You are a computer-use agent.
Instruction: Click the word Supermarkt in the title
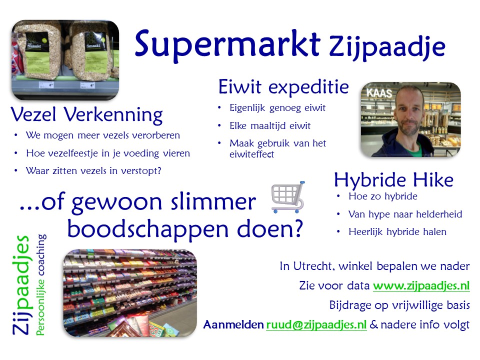pos(227,45)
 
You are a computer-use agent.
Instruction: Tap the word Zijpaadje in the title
pos(387,48)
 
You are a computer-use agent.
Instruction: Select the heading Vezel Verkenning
pos(86,115)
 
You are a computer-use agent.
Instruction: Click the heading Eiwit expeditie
pos(283,87)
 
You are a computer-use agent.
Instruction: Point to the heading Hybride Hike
pos(393,179)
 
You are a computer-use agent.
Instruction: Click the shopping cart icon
pos(288,197)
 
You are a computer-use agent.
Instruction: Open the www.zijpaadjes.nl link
pos(421,285)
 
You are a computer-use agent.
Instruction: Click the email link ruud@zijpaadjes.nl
pos(316,324)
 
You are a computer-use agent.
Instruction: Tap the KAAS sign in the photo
pos(379,93)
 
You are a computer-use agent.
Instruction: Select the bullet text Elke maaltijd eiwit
pos(270,126)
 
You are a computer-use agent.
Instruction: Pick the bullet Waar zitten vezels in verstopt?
pos(93,171)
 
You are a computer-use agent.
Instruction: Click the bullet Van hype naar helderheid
pos(405,214)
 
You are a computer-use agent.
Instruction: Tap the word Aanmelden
pos(233,324)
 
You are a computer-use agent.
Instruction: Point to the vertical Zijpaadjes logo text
pos(21,285)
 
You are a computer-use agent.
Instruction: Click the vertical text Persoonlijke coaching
pos(41,285)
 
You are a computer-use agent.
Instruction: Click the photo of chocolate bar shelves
pos(130,293)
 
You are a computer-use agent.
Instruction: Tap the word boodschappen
pos(148,229)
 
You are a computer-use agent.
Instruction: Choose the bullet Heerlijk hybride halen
pos(397,232)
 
